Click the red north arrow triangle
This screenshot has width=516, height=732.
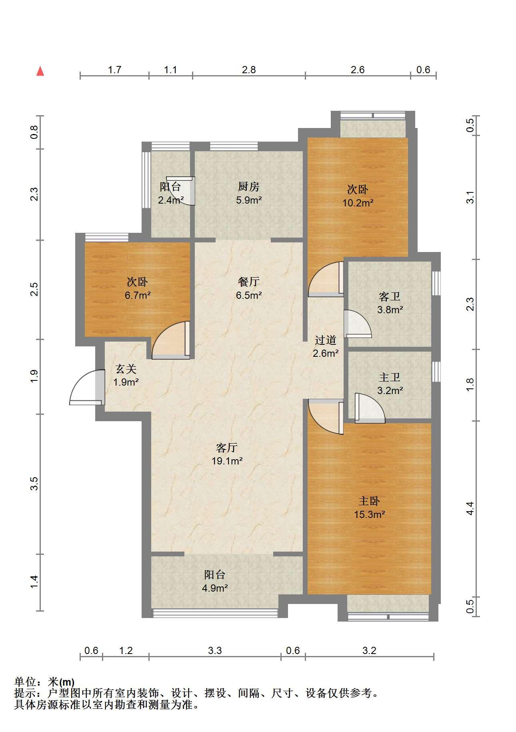[40, 72]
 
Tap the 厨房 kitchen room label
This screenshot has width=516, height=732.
[248, 186]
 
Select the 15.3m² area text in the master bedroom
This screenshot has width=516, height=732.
[369, 514]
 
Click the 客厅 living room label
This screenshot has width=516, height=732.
[227, 447]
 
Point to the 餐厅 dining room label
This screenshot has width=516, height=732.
[248, 282]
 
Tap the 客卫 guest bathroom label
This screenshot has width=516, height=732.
[389, 296]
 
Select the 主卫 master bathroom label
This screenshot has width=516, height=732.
[389, 377]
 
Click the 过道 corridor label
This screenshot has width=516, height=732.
[325, 340]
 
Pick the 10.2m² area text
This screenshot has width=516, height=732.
[358, 203]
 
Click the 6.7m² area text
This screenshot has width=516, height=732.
[137, 296]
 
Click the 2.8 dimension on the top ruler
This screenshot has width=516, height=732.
[248, 70]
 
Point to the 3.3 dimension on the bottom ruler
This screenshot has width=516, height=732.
[215, 651]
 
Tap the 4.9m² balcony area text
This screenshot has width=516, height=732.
[215, 588]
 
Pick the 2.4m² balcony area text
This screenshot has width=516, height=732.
[171, 200]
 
